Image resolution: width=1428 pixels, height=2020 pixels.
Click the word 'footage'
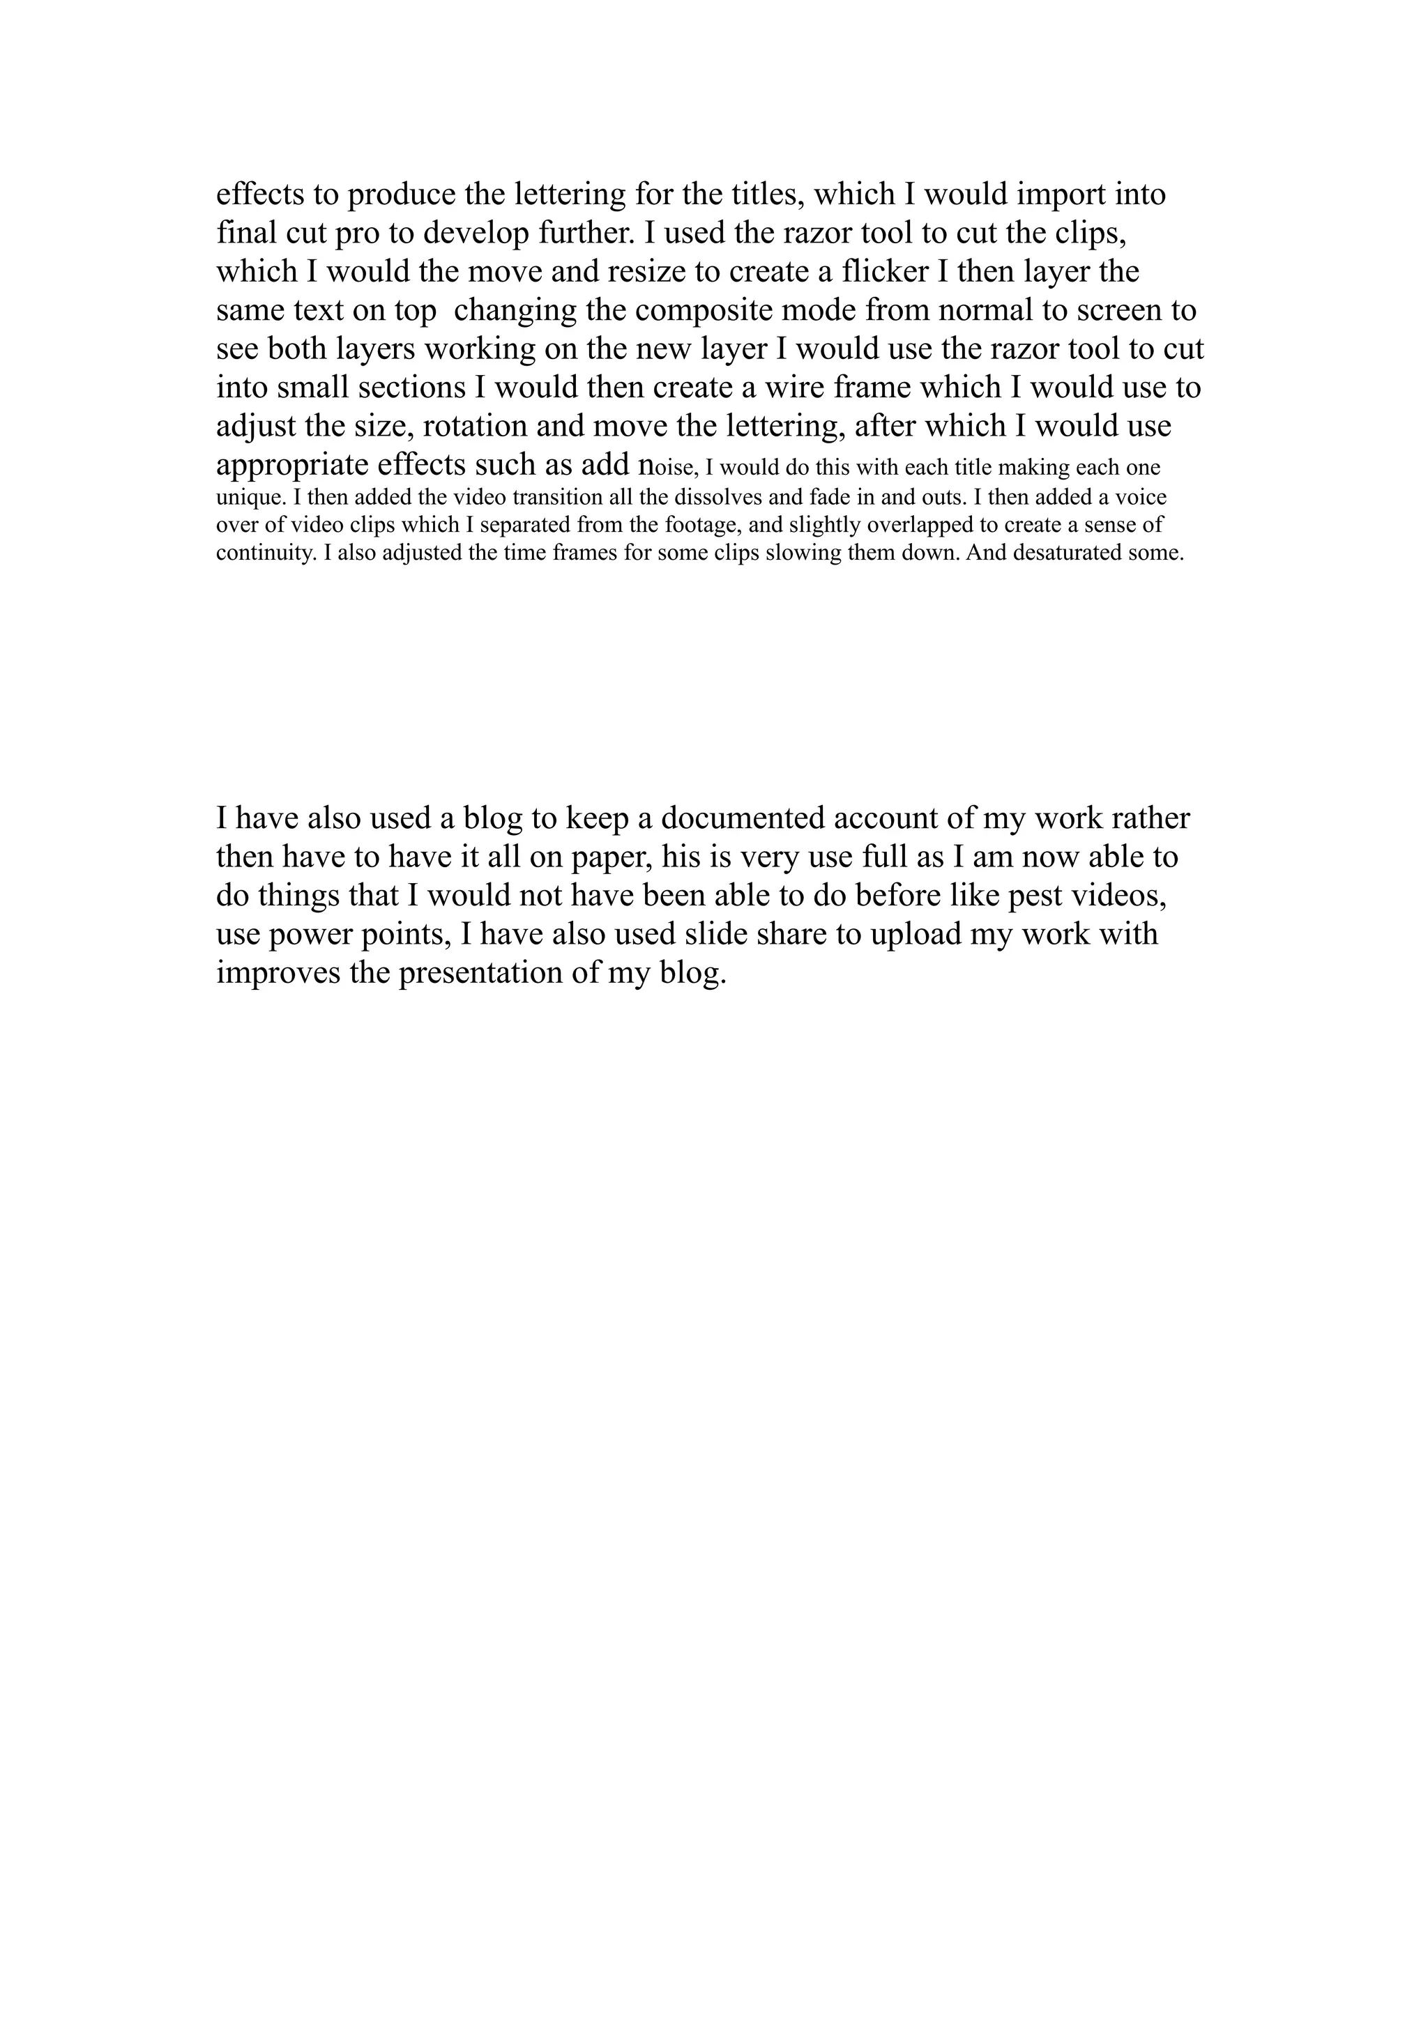pyautogui.click(x=695, y=526)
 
